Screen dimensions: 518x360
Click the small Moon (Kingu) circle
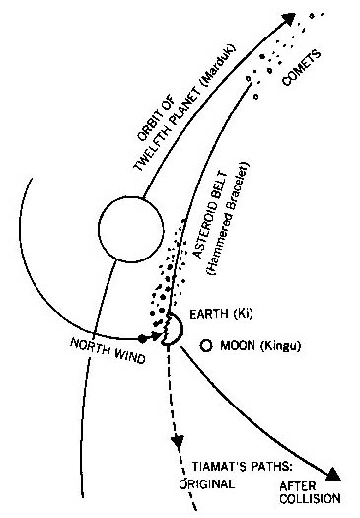[205, 346]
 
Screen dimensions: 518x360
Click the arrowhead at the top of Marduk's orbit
[288, 17]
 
